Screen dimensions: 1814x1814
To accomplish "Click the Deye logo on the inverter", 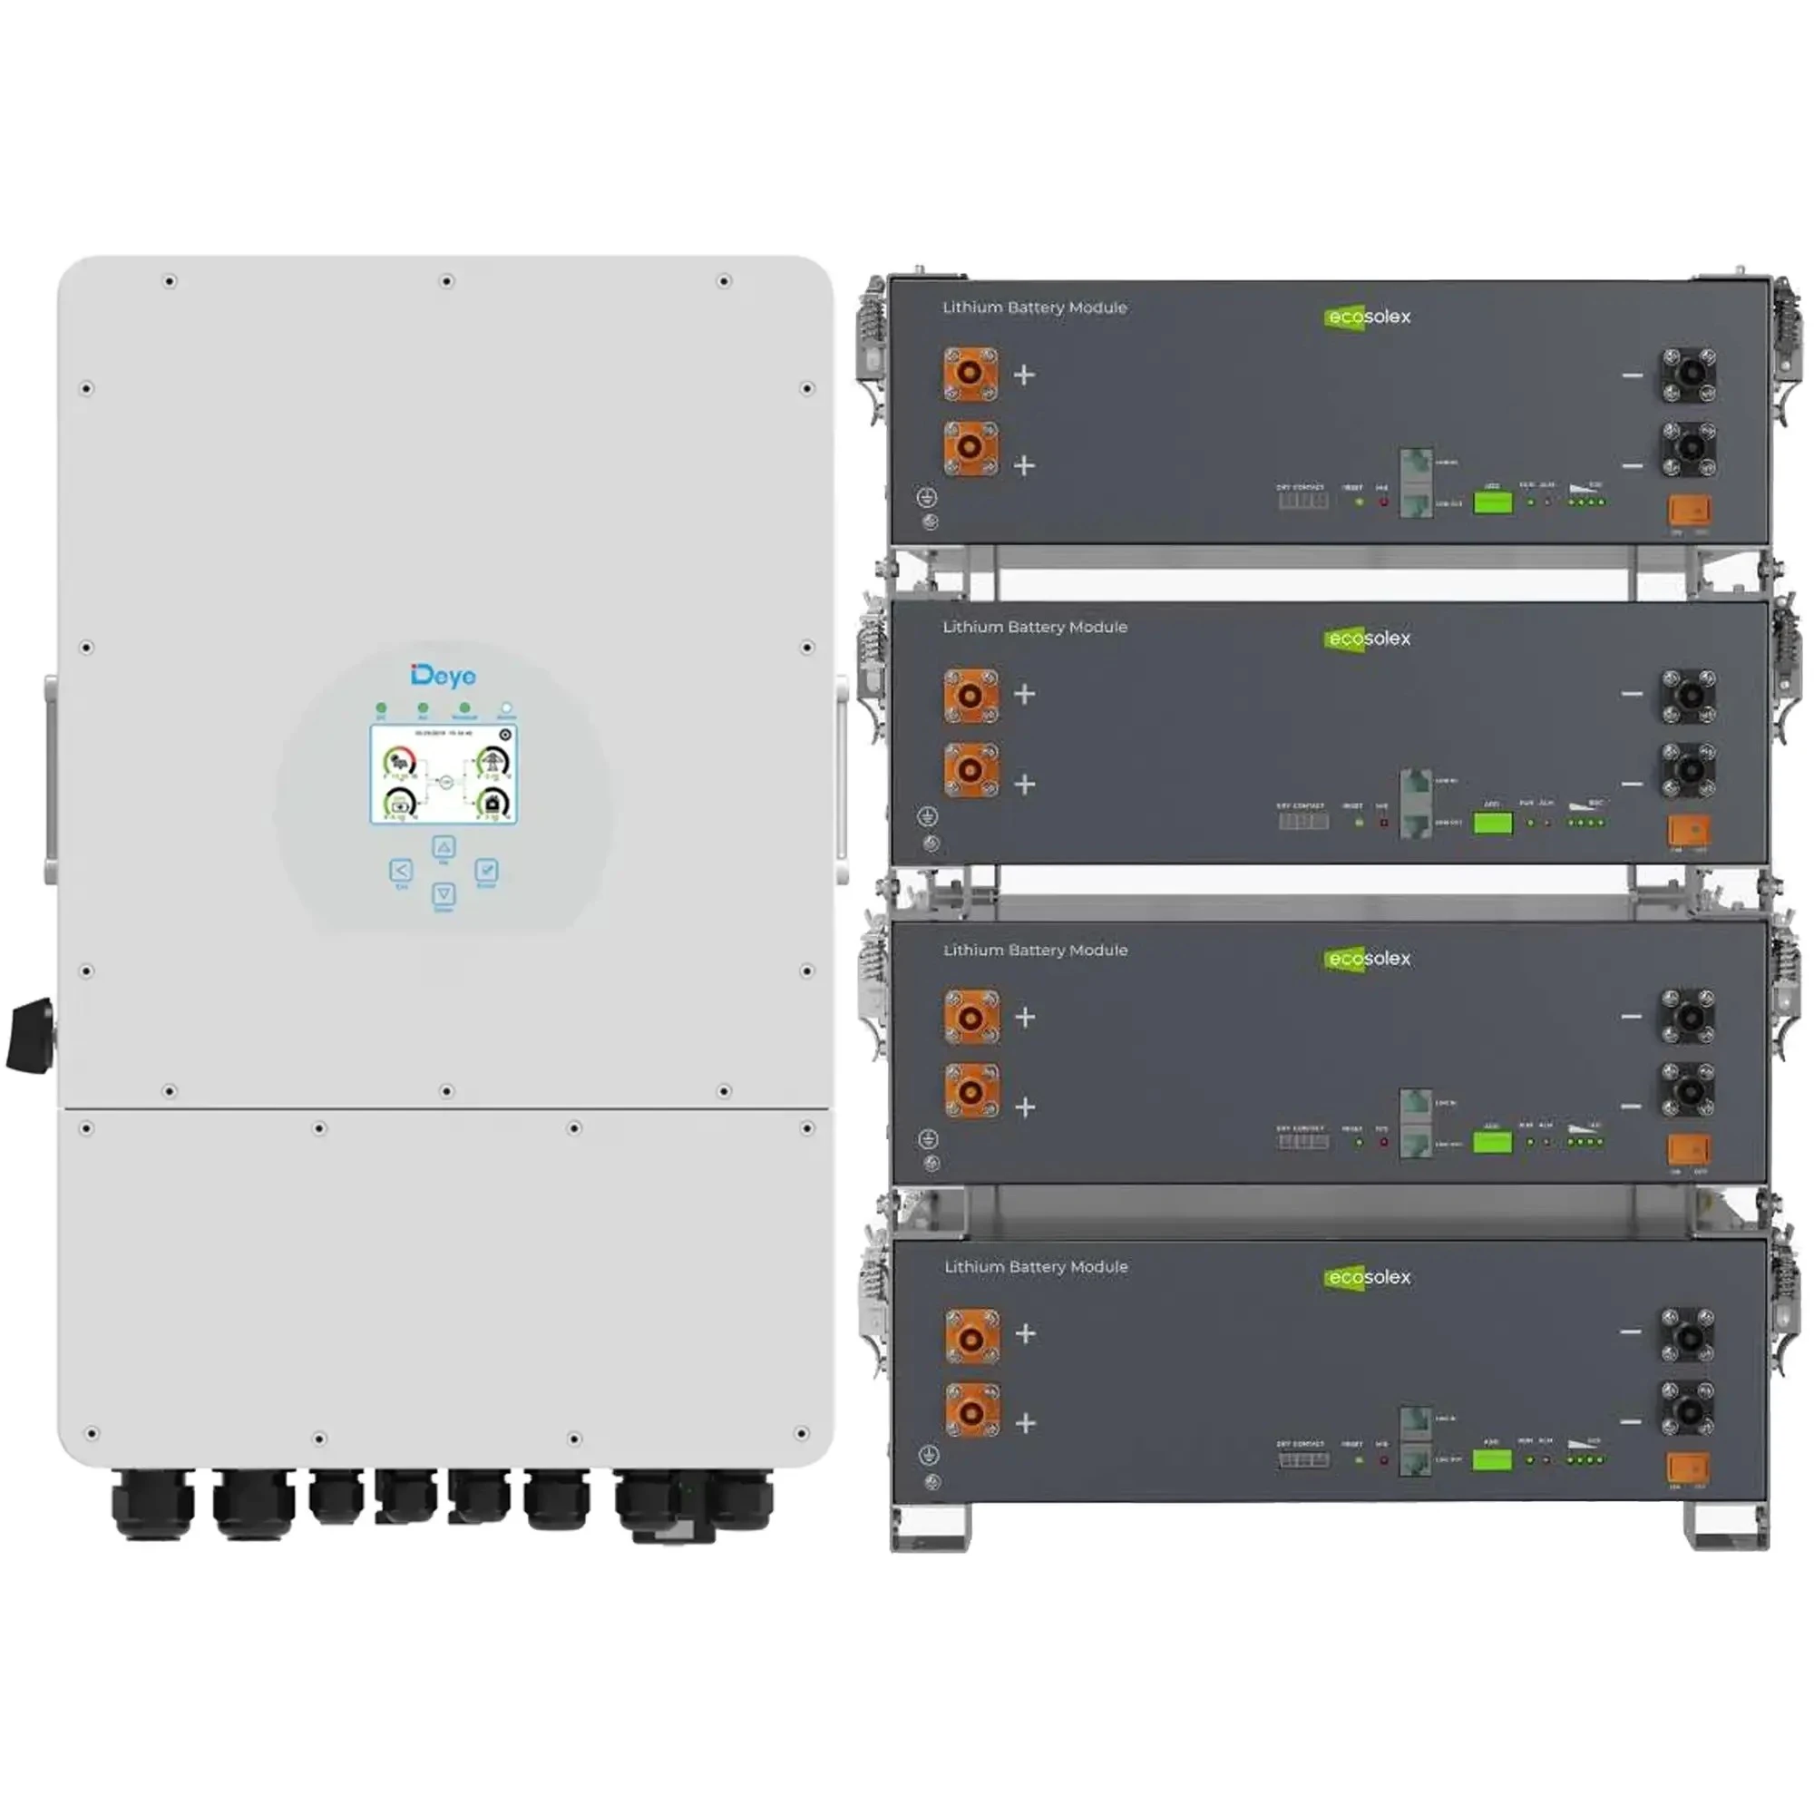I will [444, 675].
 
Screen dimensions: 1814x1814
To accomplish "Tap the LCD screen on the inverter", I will [444, 774].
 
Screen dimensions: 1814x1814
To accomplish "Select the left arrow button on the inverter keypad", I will [400, 871].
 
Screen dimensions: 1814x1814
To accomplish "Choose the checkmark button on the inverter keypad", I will [486, 870].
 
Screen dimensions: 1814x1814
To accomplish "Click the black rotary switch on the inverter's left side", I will [30, 1037].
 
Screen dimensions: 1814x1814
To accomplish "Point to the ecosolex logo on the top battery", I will [1368, 317].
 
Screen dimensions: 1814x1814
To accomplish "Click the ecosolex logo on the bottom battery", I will [1368, 1277].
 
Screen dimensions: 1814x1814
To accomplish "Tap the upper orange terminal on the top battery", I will [970, 373].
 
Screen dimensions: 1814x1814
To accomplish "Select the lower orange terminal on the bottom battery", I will [971, 1410].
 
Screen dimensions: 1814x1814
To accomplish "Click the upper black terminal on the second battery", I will [1688, 696].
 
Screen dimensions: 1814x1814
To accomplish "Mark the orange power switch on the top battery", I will [1689, 510].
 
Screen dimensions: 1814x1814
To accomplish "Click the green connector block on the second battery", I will [1493, 824].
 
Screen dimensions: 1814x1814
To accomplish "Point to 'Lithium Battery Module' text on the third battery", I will [1036, 951].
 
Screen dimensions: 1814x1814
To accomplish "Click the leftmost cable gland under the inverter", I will [153, 1505].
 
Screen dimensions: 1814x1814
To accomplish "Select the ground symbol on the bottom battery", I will [929, 1456].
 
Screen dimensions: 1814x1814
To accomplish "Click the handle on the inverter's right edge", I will [842, 779].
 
